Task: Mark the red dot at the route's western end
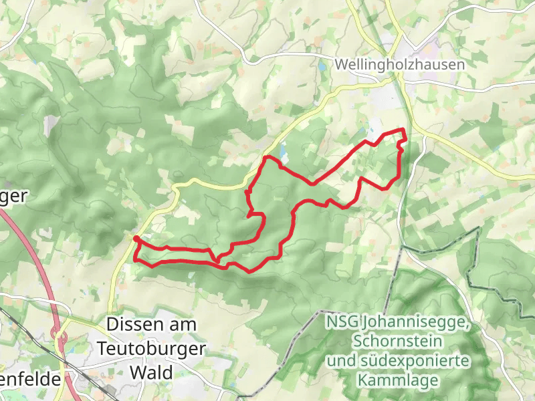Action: tap(136, 239)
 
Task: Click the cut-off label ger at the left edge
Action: tap(13, 196)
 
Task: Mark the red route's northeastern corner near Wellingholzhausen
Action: tap(404, 130)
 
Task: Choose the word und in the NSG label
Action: tap(340, 361)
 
